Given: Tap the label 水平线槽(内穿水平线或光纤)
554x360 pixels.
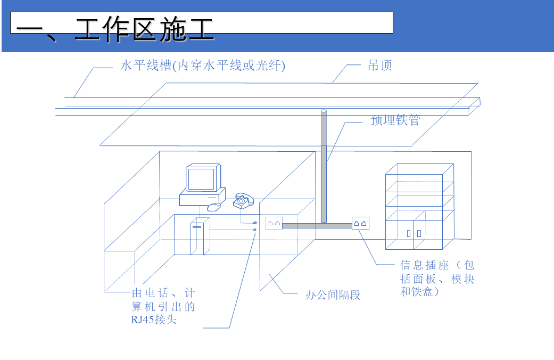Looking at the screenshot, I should pyautogui.click(x=203, y=66).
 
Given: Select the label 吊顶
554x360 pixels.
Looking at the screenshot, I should pyautogui.click(x=380, y=66).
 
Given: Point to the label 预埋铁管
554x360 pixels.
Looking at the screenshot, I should pyautogui.click(x=395, y=120).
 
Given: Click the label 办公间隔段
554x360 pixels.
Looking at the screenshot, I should pyautogui.click(x=333, y=294).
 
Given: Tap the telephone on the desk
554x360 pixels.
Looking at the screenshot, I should pyautogui.click(x=243, y=201).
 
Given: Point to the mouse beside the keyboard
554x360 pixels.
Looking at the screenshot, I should pyautogui.click(x=214, y=206).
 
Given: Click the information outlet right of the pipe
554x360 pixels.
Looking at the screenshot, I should pyautogui.click(x=360, y=223).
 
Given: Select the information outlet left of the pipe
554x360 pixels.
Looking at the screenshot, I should pyautogui.click(x=274, y=223).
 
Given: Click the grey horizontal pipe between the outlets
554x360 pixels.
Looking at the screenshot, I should pyautogui.click(x=317, y=225).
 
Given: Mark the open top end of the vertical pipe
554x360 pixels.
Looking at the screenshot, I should pyautogui.click(x=324, y=111).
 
